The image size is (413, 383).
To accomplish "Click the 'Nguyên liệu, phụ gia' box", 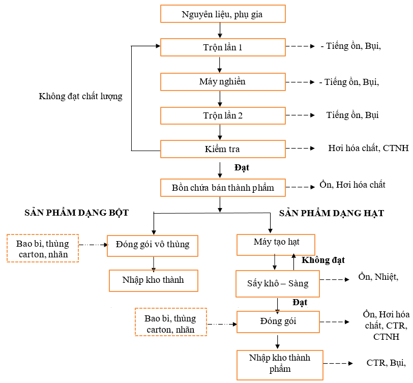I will pyautogui.click(x=222, y=14).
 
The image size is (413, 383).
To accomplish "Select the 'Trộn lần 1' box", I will pyautogui.click(x=222, y=47).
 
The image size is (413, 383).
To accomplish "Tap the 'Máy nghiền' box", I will pyautogui.click(x=222, y=81).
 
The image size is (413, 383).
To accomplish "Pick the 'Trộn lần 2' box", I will pyautogui.click(x=222, y=115).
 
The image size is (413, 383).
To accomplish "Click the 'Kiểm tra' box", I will pyautogui.click(x=222, y=149).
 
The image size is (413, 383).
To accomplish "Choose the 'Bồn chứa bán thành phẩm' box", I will pyautogui.click(x=222, y=188).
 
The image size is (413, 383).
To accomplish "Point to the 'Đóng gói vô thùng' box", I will pyautogui.click(x=153, y=245).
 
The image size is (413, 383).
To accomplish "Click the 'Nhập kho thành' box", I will pyautogui.click(x=153, y=280).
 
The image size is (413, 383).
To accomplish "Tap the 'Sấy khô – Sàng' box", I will pyautogui.click(x=278, y=284).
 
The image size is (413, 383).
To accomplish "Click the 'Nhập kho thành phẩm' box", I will pyautogui.click(x=280, y=363).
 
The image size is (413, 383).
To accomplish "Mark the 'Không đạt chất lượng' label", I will pyautogui.click(x=80, y=96).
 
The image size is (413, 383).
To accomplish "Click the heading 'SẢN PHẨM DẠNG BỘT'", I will pyautogui.click(x=76, y=213).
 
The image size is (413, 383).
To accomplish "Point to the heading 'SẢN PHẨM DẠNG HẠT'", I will pyautogui.click(x=332, y=213).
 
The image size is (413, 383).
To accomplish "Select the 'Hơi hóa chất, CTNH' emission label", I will pyautogui.click(x=368, y=149).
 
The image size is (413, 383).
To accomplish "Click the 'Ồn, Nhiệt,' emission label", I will pyautogui.click(x=378, y=277).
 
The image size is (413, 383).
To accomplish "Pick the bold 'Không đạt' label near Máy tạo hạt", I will pyautogui.click(x=323, y=260).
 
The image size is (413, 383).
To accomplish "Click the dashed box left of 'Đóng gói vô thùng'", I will pyautogui.click(x=43, y=248).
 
